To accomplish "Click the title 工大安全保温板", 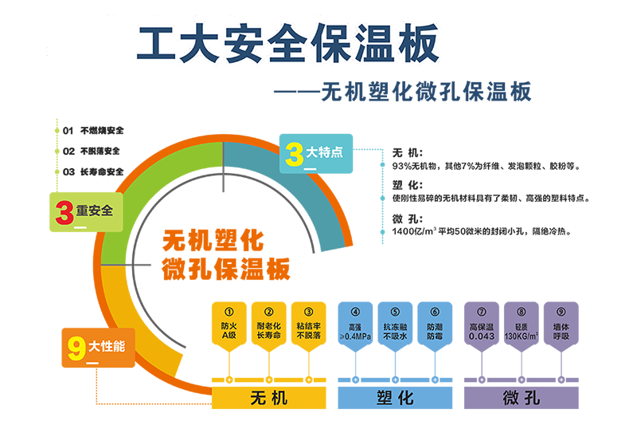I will point(287,45).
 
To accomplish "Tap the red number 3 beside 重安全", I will point(64,212).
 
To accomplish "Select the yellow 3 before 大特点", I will point(293,153).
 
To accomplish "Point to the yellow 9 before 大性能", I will point(76,347).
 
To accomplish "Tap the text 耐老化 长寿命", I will point(268,331).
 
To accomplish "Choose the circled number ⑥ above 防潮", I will point(435,312).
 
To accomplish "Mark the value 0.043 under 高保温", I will point(481,336).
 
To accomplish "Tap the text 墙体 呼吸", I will point(561,331).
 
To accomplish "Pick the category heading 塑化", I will point(394,396).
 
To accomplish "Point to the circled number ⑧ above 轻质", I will point(522,312).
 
